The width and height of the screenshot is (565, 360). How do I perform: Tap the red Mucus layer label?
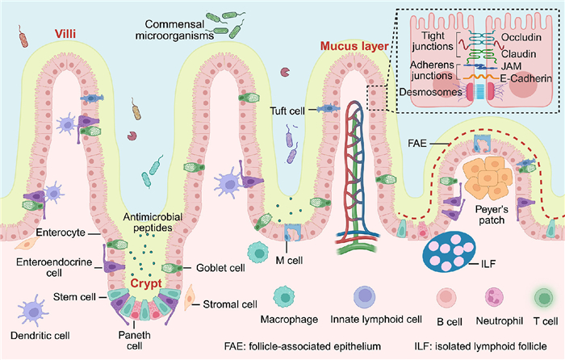pyautogui.click(x=349, y=48)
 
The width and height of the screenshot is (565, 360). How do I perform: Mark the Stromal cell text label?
pyautogui.click(x=232, y=304)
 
